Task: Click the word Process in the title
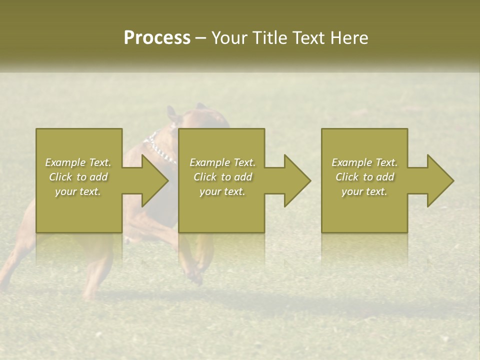(157, 38)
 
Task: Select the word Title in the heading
(271, 38)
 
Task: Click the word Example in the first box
(65, 162)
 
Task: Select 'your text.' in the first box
(78, 191)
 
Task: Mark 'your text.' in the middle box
(222, 191)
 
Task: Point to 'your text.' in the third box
(364, 191)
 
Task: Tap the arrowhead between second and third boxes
(297, 180)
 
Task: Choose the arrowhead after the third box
(440, 180)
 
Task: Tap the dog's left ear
(172, 112)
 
